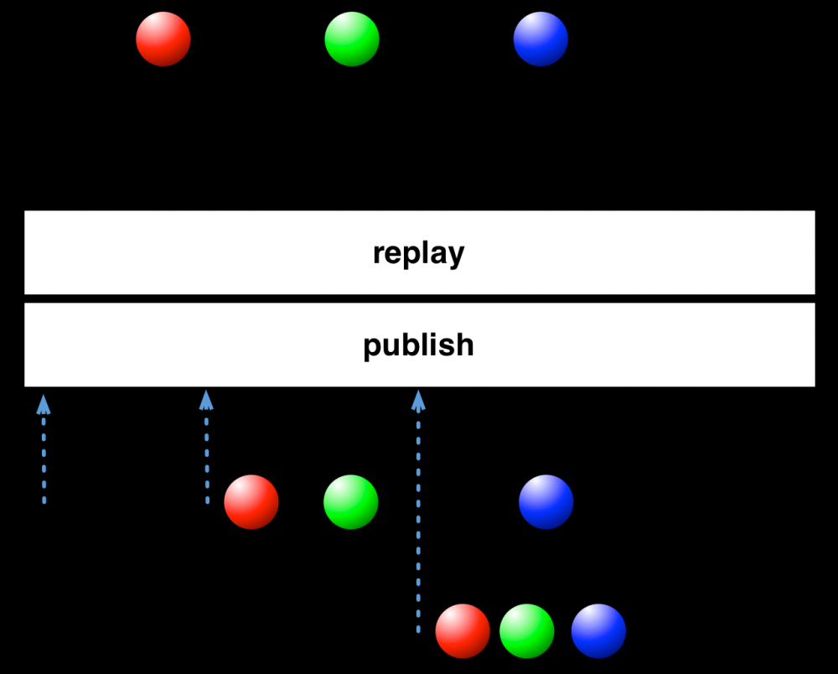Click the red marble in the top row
click(163, 39)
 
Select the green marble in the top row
click(352, 39)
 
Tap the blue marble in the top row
click(541, 39)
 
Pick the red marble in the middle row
click(251, 502)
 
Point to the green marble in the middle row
click(350, 502)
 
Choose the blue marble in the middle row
click(546, 502)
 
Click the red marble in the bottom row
click(463, 630)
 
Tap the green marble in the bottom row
click(526, 630)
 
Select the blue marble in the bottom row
click(598, 630)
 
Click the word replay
click(418, 253)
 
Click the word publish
click(418, 345)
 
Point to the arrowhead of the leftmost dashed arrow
click(44, 405)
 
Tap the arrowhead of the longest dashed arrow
click(418, 401)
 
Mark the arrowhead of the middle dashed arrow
click(206, 401)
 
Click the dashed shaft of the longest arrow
click(418, 523)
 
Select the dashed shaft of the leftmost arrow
click(44, 459)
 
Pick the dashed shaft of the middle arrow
click(207, 458)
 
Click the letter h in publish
click(464, 345)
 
